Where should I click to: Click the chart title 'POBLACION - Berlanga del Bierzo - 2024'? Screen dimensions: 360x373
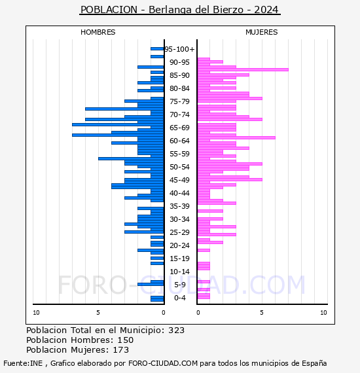179,10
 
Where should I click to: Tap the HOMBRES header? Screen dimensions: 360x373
98,32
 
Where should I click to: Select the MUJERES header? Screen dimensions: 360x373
262,32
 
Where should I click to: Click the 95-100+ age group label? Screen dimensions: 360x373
179,49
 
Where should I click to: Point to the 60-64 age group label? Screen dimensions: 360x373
179,141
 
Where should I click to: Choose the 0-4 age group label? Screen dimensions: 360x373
179,298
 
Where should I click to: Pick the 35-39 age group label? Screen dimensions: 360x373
179,206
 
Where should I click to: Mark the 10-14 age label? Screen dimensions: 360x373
179,272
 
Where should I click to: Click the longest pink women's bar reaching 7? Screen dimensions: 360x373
243,70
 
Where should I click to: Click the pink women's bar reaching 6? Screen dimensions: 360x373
236,137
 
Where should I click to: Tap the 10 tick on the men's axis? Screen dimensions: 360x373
36,313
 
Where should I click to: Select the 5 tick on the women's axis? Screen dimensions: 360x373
262,313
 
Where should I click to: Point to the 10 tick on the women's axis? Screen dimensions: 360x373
323,313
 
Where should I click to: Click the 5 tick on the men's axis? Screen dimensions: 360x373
98,313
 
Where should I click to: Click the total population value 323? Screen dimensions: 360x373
176,330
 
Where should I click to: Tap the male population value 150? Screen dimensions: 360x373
126,340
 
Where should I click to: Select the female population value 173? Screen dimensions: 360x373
121,349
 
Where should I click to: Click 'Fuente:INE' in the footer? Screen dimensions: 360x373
23,363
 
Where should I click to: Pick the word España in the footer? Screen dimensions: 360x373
314,363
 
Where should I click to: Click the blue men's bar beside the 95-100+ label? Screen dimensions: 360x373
157,49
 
